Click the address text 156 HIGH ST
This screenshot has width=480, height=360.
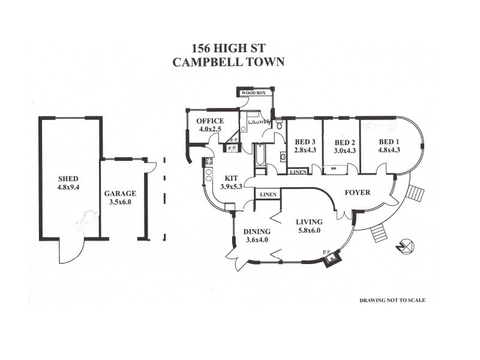pyautogui.click(x=228, y=48)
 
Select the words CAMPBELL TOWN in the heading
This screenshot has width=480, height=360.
pyautogui.click(x=228, y=61)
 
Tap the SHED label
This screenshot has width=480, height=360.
pyautogui.click(x=68, y=179)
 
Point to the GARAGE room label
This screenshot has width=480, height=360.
pyautogui.click(x=120, y=193)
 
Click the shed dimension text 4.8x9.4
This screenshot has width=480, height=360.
pyautogui.click(x=68, y=187)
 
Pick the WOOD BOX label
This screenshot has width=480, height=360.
pyautogui.click(x=253, y=94)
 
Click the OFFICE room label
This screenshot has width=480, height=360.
pyautogui.click(x=210, y=121)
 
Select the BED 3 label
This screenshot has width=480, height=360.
pyautogui.click(x=305, y=142)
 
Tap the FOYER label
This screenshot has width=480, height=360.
pyautogui.click(x=357, y=193)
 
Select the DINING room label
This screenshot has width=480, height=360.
pyautogui.click(x=257, y=232)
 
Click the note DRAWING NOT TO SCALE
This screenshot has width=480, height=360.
pyautogui.click(x=392, y=300)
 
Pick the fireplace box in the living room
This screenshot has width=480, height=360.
pyautogui.click(x=329, y=259)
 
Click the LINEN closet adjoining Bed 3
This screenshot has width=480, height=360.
pyautogui.click(x=298, y=172)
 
